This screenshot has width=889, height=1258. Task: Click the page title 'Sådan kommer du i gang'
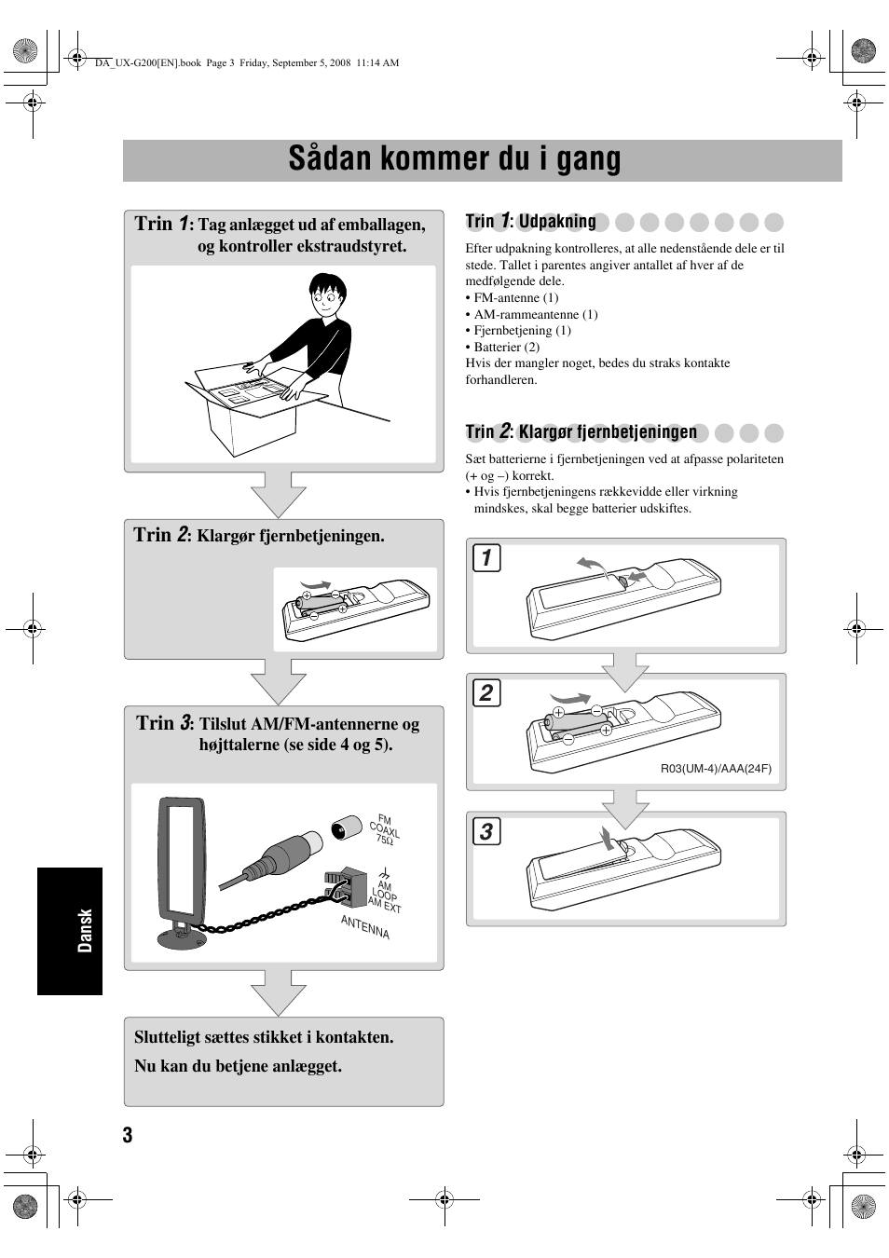454,159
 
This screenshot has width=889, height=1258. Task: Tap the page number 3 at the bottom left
128,1134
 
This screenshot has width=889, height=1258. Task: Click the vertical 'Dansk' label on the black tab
85,930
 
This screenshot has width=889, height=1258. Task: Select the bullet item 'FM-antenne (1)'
515,298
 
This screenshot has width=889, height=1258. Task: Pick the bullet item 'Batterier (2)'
506,347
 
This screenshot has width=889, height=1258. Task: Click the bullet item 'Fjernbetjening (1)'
522,331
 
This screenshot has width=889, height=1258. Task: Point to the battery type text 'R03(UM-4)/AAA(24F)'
716,769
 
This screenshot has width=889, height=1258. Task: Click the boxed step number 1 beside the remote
486,557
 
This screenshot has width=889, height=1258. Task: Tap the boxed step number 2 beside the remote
486,692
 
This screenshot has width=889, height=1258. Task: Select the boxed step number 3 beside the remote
486,831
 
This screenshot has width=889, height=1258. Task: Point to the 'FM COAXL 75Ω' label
385,828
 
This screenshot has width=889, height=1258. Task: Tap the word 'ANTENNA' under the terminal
365,927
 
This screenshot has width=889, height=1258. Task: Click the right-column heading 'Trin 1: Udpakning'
531,222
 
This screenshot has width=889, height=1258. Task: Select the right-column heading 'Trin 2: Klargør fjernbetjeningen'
581,431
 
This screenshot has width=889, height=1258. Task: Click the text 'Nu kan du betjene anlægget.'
238,1066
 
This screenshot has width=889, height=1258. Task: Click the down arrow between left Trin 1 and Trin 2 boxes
278,495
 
